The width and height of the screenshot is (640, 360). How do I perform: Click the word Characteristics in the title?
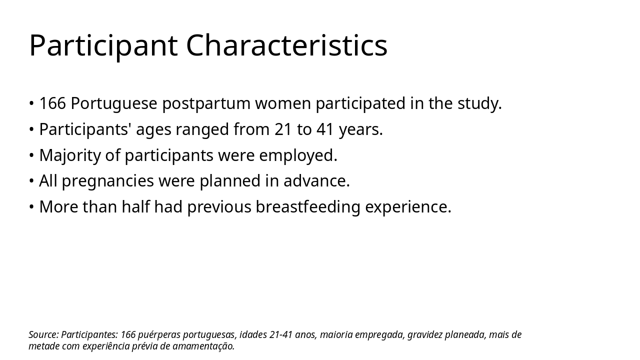[x=286, y=46]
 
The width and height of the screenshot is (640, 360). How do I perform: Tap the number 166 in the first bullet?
[x=52, y=103]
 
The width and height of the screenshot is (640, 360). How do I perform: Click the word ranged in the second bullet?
[x=202, y=129]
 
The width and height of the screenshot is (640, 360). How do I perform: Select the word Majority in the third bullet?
[x=69, y=155]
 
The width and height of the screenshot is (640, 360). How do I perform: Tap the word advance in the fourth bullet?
[x=316, y=181]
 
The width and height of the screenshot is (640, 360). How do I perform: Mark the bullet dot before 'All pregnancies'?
[x=31, y=181]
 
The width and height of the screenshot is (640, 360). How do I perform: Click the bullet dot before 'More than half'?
[x=31, y=207]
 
